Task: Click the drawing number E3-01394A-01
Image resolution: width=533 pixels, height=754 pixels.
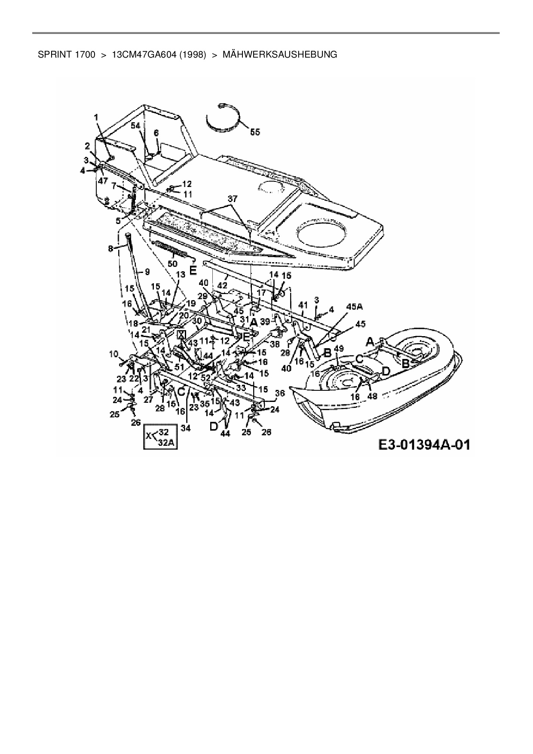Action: [x=424, y=444]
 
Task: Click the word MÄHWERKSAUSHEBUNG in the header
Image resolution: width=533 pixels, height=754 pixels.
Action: [x=280, y=55]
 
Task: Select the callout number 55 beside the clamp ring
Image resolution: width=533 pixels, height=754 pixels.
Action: [x=255, y=132]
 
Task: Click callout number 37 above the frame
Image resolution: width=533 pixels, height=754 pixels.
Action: [x=232, y=199]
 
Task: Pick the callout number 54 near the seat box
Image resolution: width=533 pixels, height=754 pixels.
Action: [x=135, y=125]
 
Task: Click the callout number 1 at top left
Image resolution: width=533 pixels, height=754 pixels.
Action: [x=96, y=116]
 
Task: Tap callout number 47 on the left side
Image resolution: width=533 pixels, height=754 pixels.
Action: [x=102, y=181]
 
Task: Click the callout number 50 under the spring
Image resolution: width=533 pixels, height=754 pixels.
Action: [x=172, y=263]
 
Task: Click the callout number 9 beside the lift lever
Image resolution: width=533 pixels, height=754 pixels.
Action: [x=147, y=272]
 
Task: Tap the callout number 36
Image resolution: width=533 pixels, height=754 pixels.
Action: [x=280, y=392]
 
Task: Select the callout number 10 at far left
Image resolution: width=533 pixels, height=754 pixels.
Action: [x=113, y=354]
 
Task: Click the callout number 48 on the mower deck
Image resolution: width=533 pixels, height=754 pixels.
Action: [x=372, y=396]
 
